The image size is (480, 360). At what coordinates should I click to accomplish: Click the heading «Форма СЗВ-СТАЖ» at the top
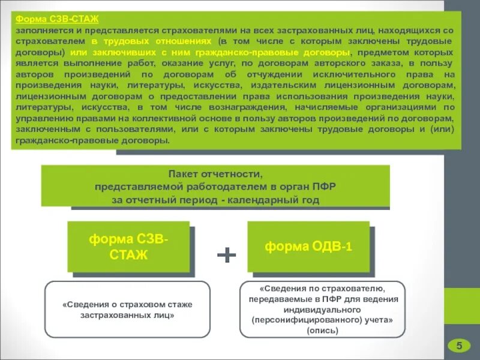(58, 19)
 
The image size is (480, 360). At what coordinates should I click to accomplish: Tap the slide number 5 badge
(460, 345)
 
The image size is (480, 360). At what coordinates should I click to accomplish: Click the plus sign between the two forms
(226, 256)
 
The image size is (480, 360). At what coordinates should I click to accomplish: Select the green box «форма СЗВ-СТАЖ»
(128, 247)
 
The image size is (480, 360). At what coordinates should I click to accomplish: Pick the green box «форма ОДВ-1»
(308, 246)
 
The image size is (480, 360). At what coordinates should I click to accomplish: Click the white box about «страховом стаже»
(127, 308)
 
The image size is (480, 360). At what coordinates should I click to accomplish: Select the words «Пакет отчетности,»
(215, 174)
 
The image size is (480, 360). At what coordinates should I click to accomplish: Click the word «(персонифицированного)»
(293, 320)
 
